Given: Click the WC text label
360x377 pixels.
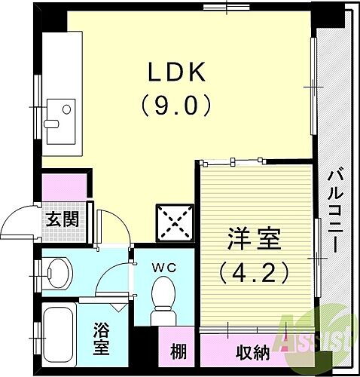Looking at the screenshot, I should [165, 265].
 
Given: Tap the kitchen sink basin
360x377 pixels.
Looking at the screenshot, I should [59, 115].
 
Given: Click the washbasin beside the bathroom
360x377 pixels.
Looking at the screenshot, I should [56, 270].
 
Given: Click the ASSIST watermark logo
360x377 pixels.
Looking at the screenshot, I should [315, 336].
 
